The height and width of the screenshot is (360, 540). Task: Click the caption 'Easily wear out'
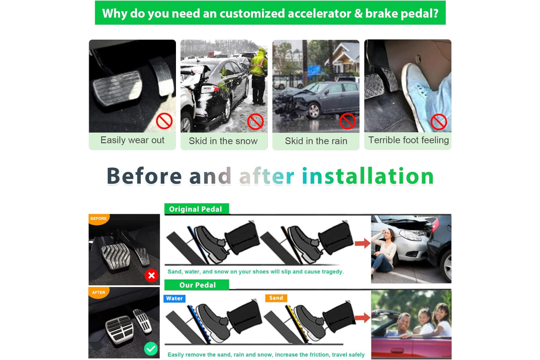[x=132, y=140]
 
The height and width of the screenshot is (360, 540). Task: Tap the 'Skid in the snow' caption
[x=223, y=141]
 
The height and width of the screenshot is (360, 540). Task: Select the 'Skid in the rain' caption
[x=316, y=141]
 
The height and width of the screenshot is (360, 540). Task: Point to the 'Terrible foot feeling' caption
[x=409, y=140]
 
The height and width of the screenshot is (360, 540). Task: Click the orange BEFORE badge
[x=99, y=219]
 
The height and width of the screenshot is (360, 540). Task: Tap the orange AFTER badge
[x=99, y=292]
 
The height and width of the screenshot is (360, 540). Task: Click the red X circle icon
[x=151, y=275]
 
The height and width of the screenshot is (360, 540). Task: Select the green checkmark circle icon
[x=151, y=349]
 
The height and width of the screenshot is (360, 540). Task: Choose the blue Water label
[x=174, y=298]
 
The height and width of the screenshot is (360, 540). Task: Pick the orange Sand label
[x=276, y=298]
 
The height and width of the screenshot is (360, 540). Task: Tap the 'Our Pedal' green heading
[x=197, y=285]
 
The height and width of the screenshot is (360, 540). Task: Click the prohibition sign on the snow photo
[x=256, y=122]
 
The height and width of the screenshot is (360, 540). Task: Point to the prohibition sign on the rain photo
[x=347, y=121]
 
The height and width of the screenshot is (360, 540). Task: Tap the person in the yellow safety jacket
[x=259, y=76]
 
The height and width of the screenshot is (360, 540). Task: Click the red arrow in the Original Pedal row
[x=363, y=243]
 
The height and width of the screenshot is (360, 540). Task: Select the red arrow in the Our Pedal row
[x=363, y=318]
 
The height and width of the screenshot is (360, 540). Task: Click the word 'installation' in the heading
[x=368, y=176]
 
